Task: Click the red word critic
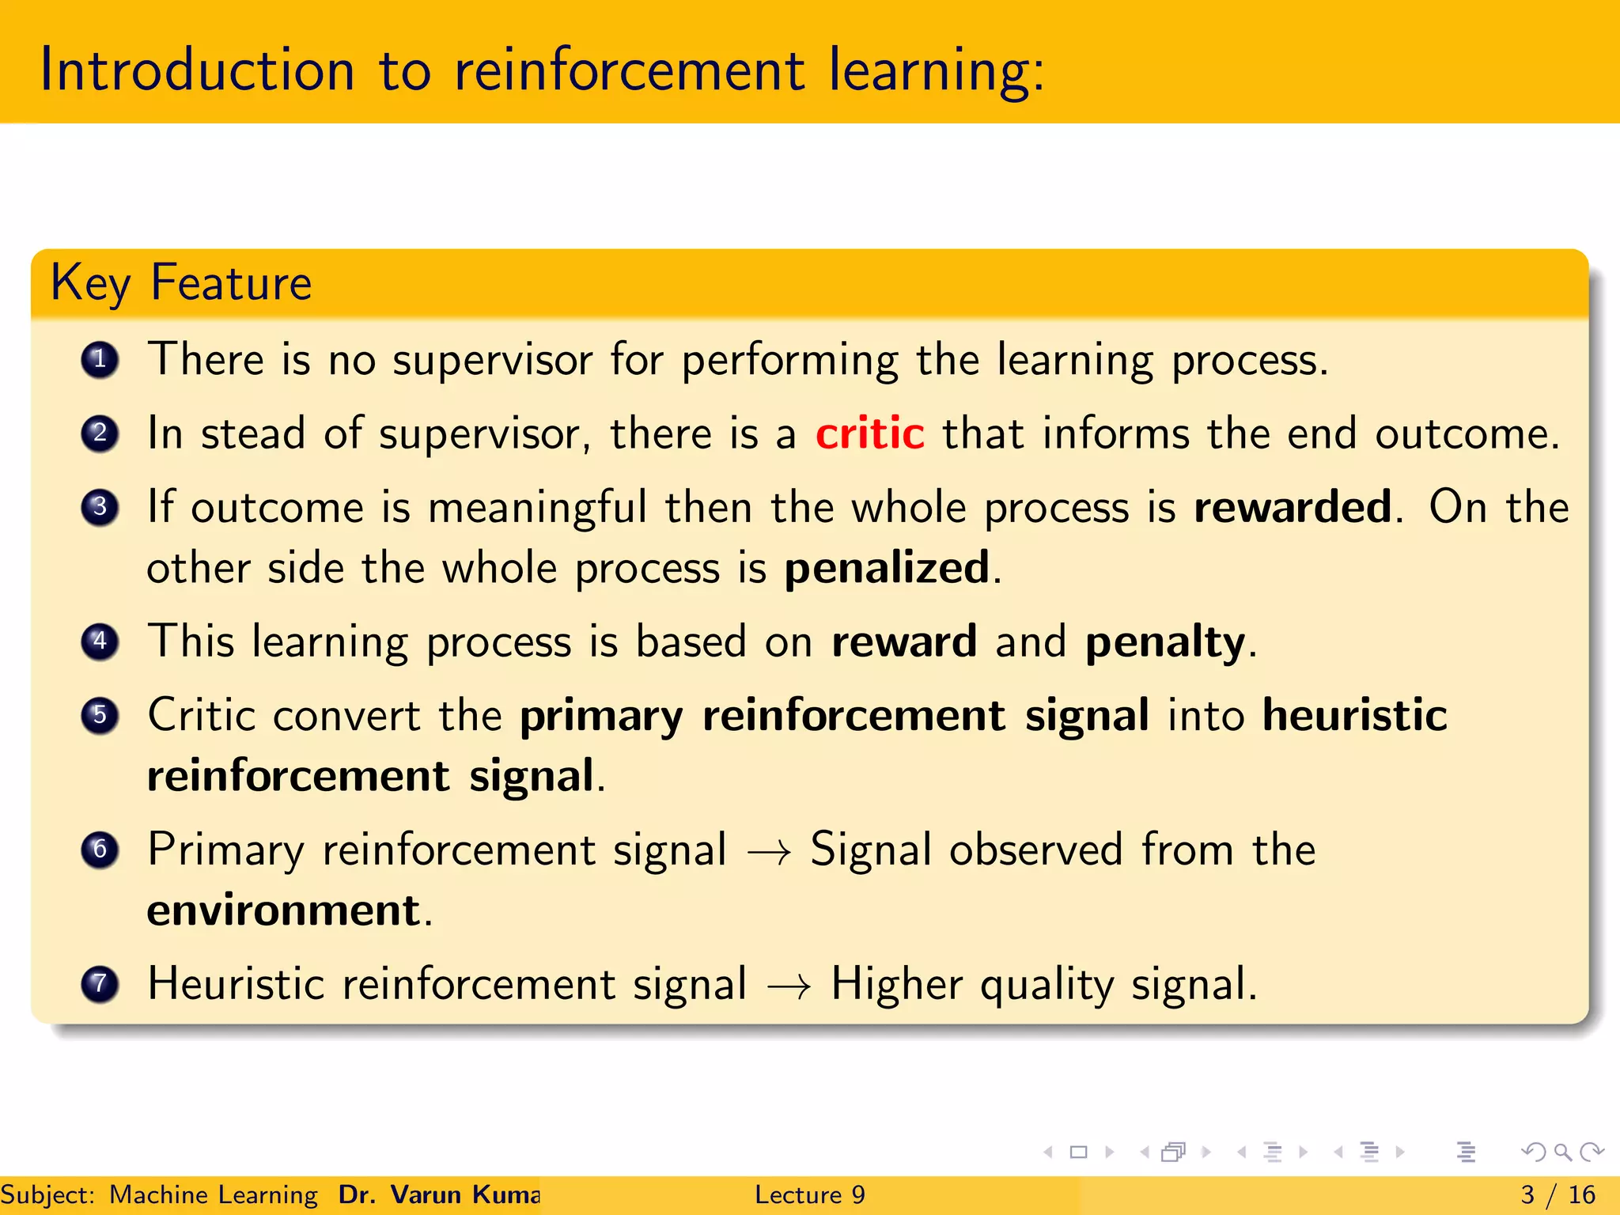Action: tap(869, 433)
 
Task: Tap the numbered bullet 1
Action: tap(100, 360)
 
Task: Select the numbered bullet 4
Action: tap(100, 641)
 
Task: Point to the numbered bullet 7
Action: tap(100, 984)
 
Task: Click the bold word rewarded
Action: tap(1292, 507)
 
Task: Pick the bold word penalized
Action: tap(886, 568)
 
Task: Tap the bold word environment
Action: tap(283, 910)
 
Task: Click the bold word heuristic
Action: tap(1354, 715)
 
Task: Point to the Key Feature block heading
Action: tap(181, 283)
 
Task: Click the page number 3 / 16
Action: tap(1558, 1194)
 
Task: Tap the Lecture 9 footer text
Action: tap(809, 1194)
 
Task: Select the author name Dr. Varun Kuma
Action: tap(439, 1194)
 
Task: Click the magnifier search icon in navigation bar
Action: tap(1562, 1152)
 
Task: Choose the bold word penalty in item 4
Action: tap(1165, 642)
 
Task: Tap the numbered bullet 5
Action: tap(100, 715)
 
